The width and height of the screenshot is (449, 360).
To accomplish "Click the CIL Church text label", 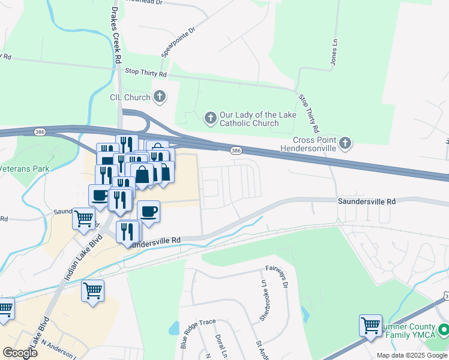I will click(x=130, y=97).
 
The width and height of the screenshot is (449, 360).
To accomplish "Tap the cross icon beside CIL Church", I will click(x=159, y=96).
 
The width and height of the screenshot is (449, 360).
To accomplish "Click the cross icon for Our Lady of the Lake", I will click(x=210, y=118).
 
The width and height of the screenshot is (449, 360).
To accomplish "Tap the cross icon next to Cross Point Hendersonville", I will click(x=345, y=143).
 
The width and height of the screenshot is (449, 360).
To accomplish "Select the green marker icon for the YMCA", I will click(x=443, y=330).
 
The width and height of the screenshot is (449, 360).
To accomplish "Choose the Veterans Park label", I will click(x=25, y=169).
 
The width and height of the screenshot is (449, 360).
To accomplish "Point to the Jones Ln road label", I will click(x=334, y=52).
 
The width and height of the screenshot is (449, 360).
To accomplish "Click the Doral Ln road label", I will click(x=220, y=347).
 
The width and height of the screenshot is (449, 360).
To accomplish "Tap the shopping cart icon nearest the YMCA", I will click(x=370, y=326).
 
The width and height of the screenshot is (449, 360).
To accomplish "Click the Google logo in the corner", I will click(x=20, y=352).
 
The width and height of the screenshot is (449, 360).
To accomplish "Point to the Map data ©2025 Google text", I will click(x=412, y=355).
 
